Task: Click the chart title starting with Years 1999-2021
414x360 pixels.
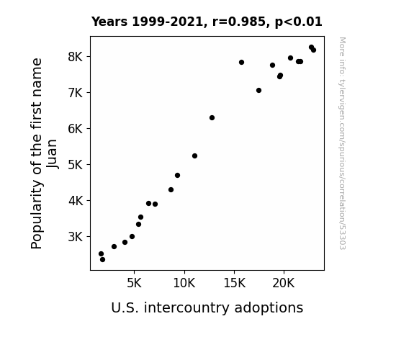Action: click(207, 22)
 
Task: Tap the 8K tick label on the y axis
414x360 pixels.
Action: click(76, 57)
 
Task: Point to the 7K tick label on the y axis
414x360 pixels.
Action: click(76, 93)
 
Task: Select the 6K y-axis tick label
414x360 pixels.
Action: click(76, 129)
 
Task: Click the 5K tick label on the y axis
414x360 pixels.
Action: click(76, 165)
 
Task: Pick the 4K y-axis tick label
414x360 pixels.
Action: click(76, 201)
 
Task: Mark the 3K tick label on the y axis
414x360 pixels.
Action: click(76, 237)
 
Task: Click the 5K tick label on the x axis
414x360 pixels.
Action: click(134, 283)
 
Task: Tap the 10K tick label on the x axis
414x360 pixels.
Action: click(184, 283)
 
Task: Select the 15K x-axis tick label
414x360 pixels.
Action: click(235, 283)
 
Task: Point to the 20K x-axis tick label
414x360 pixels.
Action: click(284, 283)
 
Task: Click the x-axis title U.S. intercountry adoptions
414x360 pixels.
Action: click(207, 307)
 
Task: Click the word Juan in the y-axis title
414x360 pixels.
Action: click(52, 153)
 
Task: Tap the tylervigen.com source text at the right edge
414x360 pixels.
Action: click(343, 143)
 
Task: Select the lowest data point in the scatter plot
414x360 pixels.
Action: click(102, 260)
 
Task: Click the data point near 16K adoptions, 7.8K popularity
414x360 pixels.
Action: click(241, 63)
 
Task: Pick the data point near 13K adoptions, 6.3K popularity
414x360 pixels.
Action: click(212, 118)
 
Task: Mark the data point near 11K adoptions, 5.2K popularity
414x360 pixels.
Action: click(194, 156)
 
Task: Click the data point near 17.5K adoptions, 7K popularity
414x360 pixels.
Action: click(258, 90)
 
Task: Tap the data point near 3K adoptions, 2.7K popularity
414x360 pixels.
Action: click(114, 246)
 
